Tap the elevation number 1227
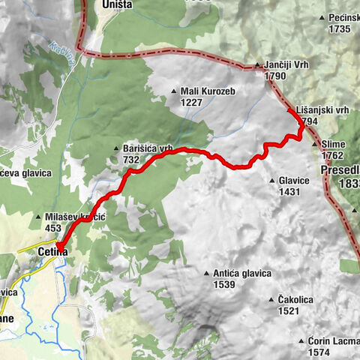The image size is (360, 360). (191, 101)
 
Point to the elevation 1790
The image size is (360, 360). (275, 76)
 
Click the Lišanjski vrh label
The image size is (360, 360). (322, 109)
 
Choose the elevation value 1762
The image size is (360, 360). (332, 155)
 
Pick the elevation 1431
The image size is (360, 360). (289, 191)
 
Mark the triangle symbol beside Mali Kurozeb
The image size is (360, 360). (174, 91)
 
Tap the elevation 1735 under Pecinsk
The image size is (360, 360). (339, 28)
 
